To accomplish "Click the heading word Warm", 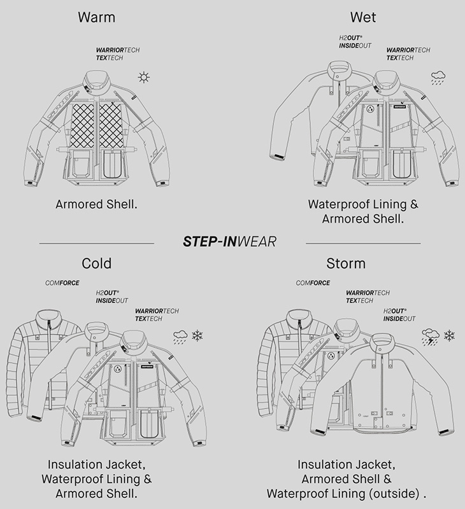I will [96, 17].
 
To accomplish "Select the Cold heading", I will [96, 263].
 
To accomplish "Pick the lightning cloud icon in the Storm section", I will [431, 335].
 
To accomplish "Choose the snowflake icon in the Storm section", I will [450, 335].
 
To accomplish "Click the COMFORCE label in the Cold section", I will [62, 282].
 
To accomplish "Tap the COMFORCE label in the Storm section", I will [312, 282].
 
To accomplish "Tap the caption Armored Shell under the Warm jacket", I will [96, 205].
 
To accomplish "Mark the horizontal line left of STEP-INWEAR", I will [96, 243].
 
